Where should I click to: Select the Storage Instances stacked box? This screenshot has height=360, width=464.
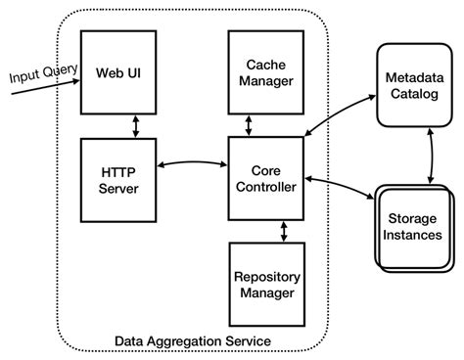click(412, 227)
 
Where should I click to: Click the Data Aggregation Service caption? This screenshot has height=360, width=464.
click(193, 339)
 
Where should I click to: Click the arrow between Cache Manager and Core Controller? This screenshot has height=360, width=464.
click(251, 125)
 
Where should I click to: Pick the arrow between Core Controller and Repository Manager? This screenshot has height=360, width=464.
click(283, 231)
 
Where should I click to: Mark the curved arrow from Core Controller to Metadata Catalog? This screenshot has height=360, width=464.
click(338, 115)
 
